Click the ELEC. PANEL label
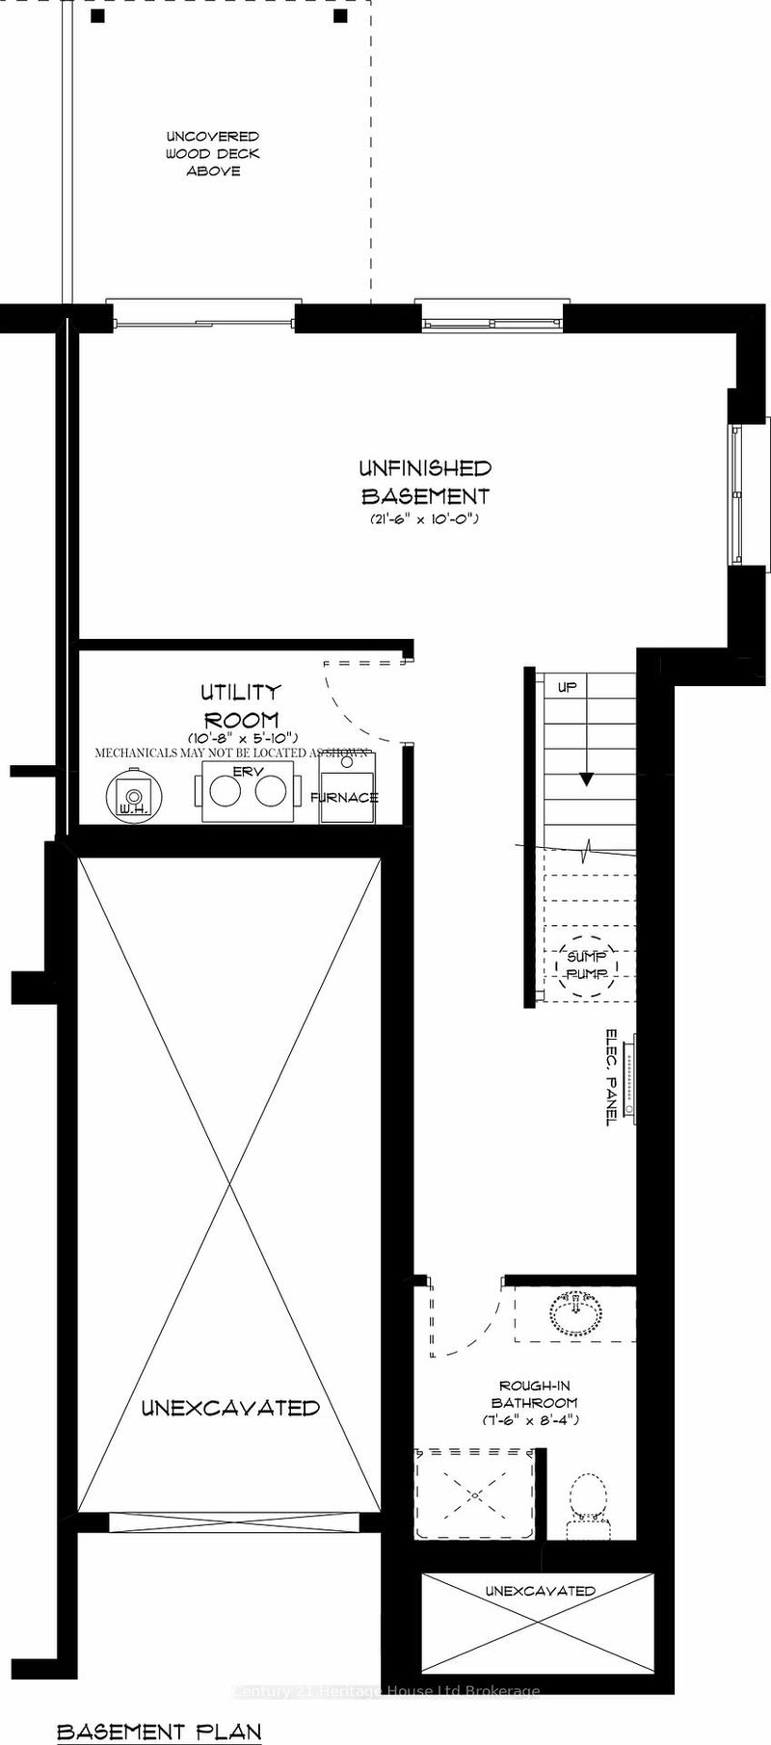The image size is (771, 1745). [x=611, y=1076]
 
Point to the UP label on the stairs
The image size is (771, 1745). [x=567, y=688]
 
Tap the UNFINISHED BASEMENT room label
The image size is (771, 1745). [x=425, y=483]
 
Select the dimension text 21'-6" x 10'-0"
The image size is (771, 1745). [x=424, y=519]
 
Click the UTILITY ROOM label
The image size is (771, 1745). [x=240, y=705]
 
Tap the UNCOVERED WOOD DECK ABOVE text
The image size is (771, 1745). [x=212, y=154]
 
